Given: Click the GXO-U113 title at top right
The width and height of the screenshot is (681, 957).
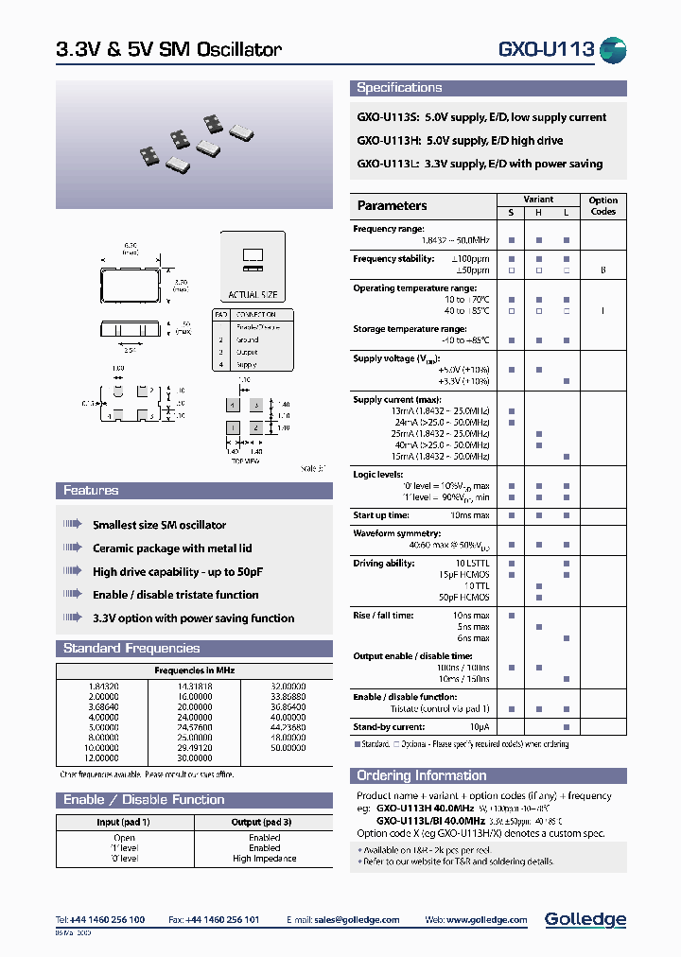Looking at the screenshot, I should [x=546, y=49].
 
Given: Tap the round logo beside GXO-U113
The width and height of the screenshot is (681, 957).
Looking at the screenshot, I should [x=614, y=49].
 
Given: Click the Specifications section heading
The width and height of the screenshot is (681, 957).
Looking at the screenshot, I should [x=399, y=88].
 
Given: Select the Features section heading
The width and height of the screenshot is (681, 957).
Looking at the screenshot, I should [x=91, y=491].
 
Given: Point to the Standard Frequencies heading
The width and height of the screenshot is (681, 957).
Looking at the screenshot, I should [x=131, y=649].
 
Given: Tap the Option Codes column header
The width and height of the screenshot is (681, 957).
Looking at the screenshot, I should [x=602, y=206].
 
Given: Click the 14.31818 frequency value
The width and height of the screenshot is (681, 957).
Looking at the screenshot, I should [x=195, y=686].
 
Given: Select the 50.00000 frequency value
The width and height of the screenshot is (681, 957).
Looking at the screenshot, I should [x=288, y=747].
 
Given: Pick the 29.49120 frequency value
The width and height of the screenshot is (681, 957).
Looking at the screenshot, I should [x=195, y=747].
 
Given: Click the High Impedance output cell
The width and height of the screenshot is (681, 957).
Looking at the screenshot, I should [x=264, y=859].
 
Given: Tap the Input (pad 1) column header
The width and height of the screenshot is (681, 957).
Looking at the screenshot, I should [x=124, y=822].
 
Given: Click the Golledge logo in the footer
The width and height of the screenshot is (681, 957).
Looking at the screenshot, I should [x=585, y=919].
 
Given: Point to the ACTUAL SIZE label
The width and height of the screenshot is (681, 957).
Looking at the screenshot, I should [x=253, y=295].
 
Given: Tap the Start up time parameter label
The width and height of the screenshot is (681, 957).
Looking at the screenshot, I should [x=381, y=515].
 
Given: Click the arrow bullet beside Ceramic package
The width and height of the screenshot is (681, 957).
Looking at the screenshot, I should [x=73, y=548].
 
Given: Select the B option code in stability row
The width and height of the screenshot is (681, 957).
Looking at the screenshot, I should [x=602, y=270].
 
